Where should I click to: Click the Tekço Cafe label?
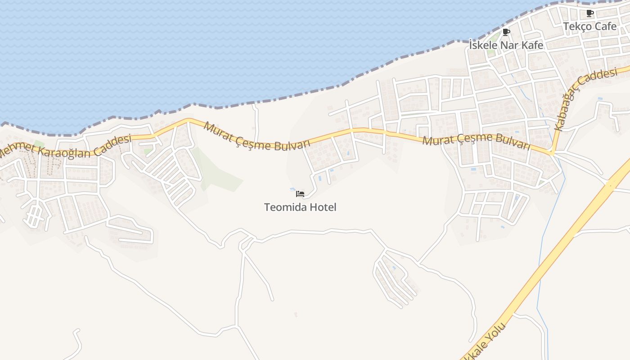click(589, 27)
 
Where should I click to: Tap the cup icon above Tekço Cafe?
click(589, 13)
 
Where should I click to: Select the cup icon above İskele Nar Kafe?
click(506, 32)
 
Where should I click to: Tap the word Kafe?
click(532, 45)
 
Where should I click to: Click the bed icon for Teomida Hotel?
click(300, 194)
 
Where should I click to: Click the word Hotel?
click(323, 207)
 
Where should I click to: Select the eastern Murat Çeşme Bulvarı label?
click(476, 140)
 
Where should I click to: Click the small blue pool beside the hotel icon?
click(292, 189)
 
